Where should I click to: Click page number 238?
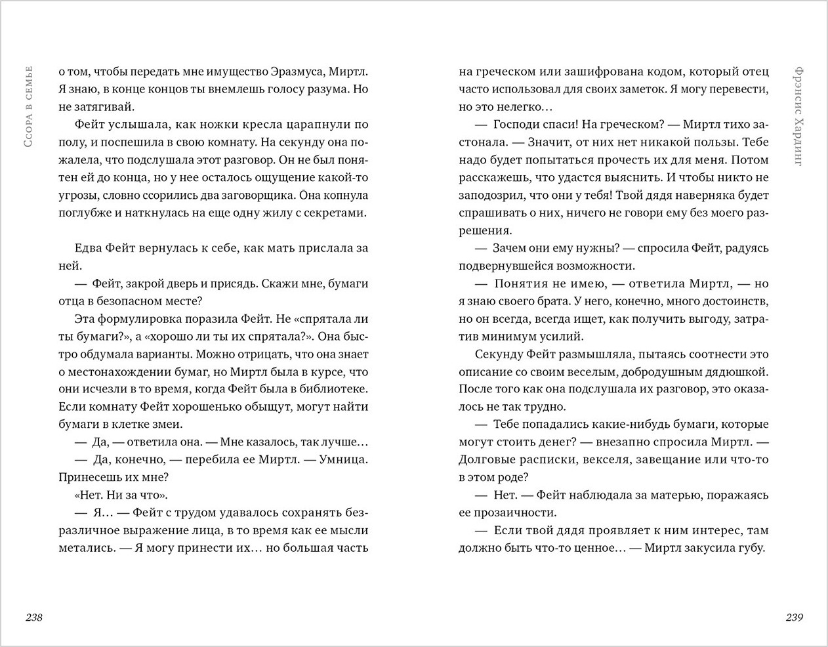click(x=33, y=617)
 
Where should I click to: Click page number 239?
click(x=794, y=617)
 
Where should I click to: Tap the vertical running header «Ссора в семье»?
click(x=28, y=115)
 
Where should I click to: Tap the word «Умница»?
click(x=344, y=460)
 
